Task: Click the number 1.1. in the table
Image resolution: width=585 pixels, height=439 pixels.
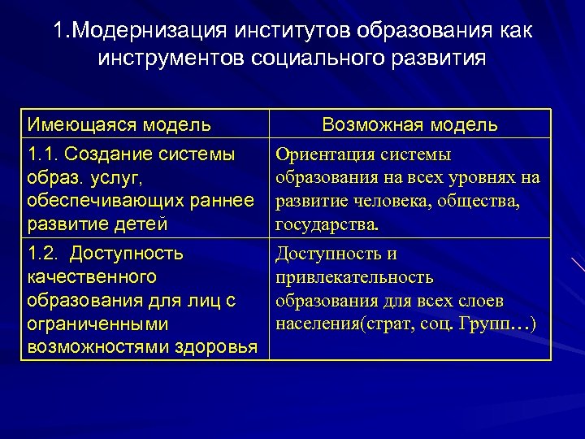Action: tap(42, 154)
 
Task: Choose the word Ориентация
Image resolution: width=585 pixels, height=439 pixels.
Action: tap(321, 154)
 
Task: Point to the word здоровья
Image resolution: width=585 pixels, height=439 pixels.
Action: tap(219, 346)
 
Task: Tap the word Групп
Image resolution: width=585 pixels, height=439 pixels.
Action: tap(484, 324)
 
